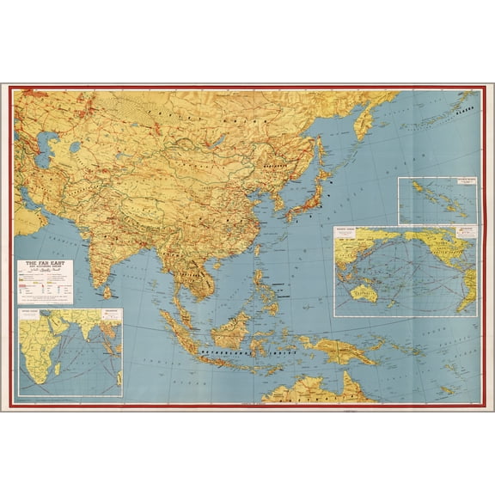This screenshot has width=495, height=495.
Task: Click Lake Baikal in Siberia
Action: click(x=222, y=138)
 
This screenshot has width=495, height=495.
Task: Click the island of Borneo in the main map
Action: click(x=233, y=327)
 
